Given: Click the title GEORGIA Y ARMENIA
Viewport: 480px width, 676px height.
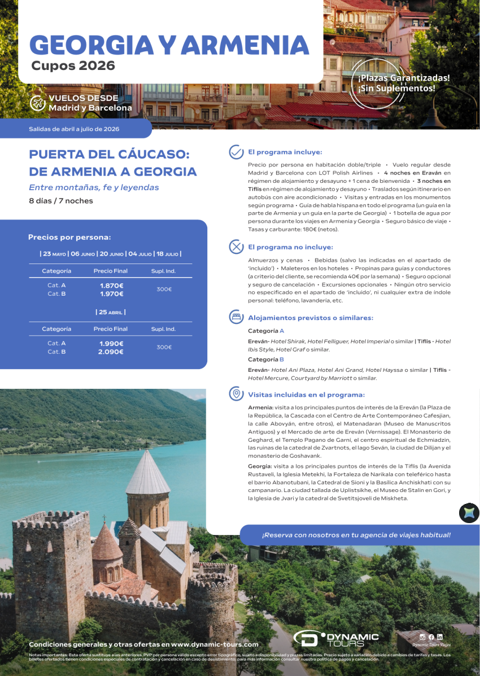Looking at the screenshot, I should (x=169, y=45).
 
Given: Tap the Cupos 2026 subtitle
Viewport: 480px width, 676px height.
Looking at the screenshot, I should (x=73, y=66).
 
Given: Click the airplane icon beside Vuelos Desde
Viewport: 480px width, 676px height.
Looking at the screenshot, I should (x=38, y=103).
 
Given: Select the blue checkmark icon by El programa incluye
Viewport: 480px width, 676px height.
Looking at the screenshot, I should (x=235, y=152).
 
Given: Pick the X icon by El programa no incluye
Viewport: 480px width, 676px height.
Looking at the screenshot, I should (x=235, y=247).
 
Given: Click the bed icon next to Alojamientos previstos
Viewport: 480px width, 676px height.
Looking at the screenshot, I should (x=235, y=318).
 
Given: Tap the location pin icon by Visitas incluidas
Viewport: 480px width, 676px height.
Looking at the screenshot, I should (x=235, y=394).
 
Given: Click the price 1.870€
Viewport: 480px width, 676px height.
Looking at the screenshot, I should (x=111, y=286).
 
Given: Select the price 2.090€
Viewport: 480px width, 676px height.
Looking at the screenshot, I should (x=111, y=352).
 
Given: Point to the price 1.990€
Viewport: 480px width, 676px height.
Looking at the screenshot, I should (x=111, y=343).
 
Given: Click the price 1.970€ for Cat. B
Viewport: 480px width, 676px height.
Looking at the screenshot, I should (x=111, y=294).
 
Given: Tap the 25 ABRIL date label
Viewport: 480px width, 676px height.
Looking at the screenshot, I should (x=111, y=312).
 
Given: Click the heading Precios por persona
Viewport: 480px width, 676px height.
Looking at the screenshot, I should (x=69, y=238).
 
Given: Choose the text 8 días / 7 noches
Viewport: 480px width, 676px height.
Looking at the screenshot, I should (x=61, y=201).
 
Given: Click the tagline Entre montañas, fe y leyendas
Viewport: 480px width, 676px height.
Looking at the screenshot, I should (x=94, y=187).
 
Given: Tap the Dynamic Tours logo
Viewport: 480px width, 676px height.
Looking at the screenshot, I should (x=336, y=639).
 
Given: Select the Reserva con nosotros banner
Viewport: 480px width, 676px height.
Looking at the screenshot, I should (x=356, y=535).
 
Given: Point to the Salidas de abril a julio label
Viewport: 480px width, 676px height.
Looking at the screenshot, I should (x=74, y=129).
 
